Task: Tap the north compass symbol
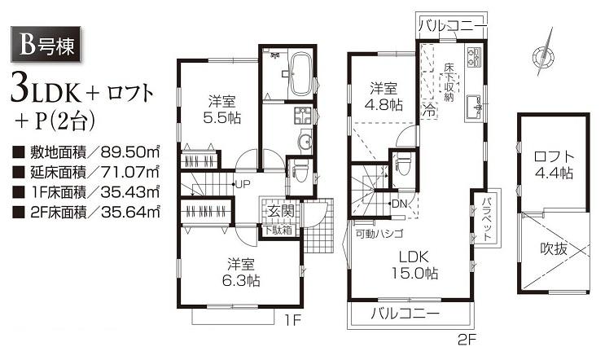tap(543, 55)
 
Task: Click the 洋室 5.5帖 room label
tap(221, 110)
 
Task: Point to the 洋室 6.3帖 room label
tap(240, 271)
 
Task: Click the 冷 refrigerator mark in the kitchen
tap(428, 111)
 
